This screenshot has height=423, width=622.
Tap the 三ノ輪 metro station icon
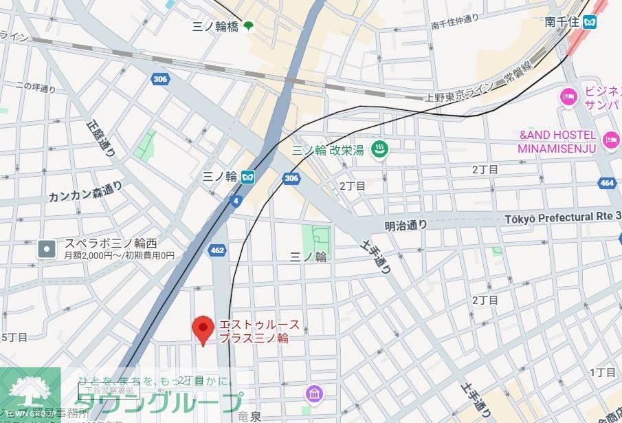(248, 177)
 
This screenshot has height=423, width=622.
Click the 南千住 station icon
(588, 22)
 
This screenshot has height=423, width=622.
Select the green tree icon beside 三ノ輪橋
(247, 27)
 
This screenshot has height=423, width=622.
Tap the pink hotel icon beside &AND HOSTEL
(610, 141)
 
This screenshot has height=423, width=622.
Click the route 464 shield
(606, 183)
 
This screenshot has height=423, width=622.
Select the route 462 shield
(217, 250)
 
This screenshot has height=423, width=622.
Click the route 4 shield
(236, 201)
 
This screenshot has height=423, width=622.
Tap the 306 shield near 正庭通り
(160, 79)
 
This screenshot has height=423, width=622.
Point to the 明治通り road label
(406, 225)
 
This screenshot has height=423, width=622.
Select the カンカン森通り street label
(85, 193)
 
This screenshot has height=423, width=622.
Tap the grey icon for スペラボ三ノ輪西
(47, 248)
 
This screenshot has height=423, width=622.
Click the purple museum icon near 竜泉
(313, 394)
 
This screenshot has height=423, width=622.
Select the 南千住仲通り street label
(454, 23)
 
